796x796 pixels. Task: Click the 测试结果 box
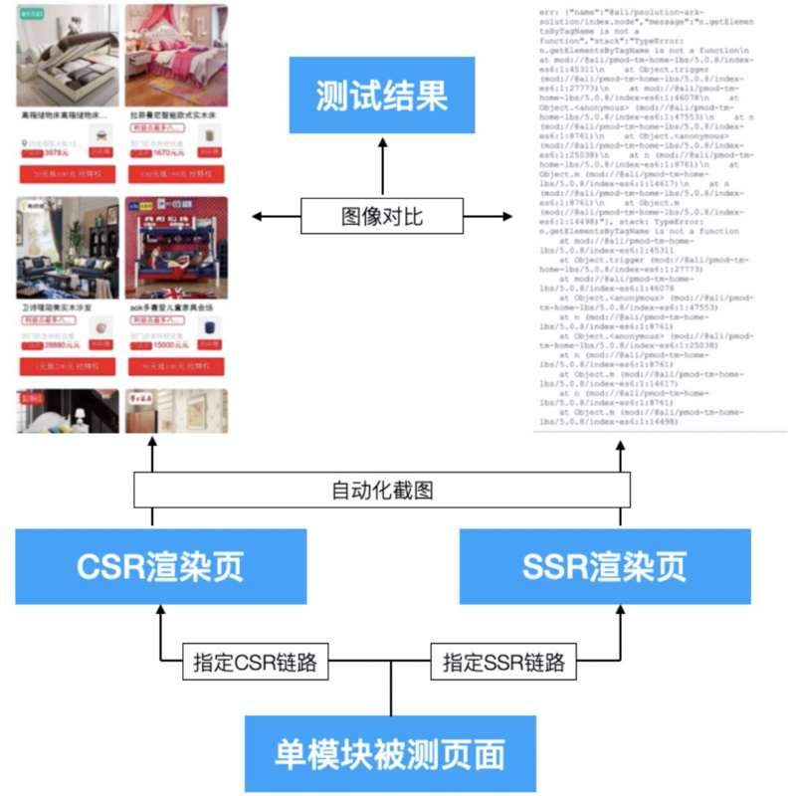click(382, 96)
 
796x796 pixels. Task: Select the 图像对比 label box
click(382, 215)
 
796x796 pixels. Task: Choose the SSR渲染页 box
click(604, 567)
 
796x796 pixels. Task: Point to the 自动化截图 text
click(382, 490)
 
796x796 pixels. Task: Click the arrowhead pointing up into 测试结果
click(382, 142)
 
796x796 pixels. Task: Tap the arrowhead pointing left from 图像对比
click(258, 215)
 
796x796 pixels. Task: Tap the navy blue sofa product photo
click(67, 249)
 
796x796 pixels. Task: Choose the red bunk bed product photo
click(176, 249)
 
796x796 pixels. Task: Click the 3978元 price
click(56, 152)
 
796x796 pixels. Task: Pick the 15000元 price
click(165, 344)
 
